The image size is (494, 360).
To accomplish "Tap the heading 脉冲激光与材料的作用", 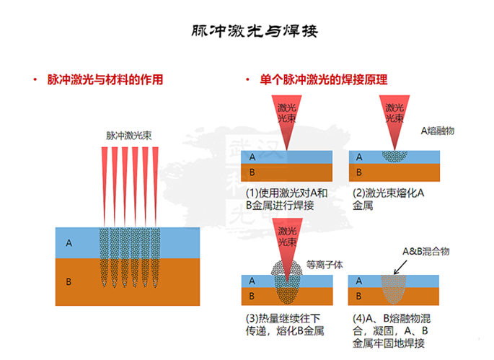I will [x=105, y=79].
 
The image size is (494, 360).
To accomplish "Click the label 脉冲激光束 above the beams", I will [x=129, y=135].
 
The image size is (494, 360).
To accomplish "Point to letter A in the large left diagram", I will [x=69, y=243].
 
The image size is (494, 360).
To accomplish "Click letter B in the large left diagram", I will [x=69, y=281].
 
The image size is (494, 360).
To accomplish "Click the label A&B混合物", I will [x=425, y=252].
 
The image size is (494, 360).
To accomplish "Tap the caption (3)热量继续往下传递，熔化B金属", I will [x=286, y=325].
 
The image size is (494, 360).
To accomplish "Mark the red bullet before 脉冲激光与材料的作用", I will [x=34, y=79].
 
